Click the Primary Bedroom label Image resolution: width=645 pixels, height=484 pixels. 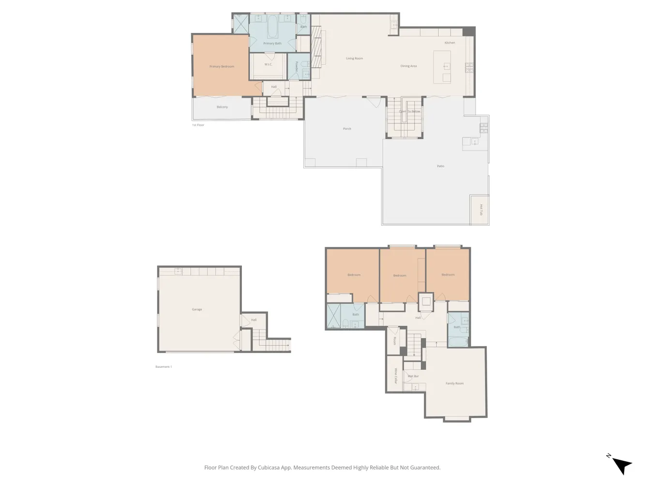coord(222,66)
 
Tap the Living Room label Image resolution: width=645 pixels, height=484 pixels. coord(354,59)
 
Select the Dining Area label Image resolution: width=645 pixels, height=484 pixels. coord(408,66)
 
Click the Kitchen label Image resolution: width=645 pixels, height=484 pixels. coord(450,43)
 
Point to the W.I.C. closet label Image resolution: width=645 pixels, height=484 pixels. coord(268,64)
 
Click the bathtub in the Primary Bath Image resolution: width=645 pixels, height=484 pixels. coord(272,27)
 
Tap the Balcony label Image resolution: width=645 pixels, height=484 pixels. coord(222,107)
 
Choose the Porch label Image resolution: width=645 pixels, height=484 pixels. coord(347,129)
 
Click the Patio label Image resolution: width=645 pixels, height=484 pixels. coord(440,166)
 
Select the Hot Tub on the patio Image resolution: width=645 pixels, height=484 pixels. coord(480,210)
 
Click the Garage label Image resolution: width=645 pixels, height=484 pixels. coord(197,309)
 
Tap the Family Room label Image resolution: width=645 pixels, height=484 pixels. coord(454,383)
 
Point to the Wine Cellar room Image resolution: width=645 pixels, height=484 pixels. coord(395,376)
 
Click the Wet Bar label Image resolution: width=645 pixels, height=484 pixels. coord(413,376)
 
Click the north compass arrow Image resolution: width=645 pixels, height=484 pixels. coord(621,465)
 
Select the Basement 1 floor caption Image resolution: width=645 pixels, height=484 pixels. coord(164,367)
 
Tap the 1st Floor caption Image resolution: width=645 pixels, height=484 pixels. coord(198,125)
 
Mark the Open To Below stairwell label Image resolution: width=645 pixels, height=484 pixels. coord(409,111)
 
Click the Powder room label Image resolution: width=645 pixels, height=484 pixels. coord(297,66)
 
